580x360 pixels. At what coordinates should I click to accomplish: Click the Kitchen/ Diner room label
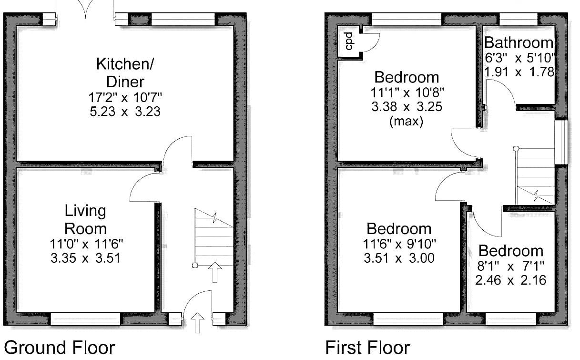(125, 73)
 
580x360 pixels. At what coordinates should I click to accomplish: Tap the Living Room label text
(85, 220)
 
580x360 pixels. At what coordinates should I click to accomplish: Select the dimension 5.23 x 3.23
(125, 112)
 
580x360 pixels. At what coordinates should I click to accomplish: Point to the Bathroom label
(519, 43)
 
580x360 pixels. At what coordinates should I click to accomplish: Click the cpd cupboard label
(349, 41)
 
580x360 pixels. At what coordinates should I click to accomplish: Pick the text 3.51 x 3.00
(399, 258)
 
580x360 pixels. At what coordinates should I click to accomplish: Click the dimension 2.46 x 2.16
(510, 280)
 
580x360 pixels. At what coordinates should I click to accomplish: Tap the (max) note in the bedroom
(406, 121)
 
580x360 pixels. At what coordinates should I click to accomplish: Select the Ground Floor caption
(59, 348)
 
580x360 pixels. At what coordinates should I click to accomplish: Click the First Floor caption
(367, 348)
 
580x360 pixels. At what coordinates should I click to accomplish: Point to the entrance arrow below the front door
(198, 322)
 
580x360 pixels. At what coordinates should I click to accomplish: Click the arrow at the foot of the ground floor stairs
(215, 272)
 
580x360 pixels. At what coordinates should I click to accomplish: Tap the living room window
(85, 319)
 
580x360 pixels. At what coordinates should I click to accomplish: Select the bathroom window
(519, 20)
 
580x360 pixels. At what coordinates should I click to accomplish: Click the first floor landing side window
(561, 142)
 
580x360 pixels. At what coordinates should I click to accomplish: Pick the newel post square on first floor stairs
(516, 148)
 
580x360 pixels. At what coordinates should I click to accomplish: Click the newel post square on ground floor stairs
(195, 265)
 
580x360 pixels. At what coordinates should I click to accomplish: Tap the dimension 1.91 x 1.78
(519, 72)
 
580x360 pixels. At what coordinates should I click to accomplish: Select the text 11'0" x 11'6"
(86, 244)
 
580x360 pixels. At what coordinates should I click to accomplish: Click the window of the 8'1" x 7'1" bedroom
(510, 319)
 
